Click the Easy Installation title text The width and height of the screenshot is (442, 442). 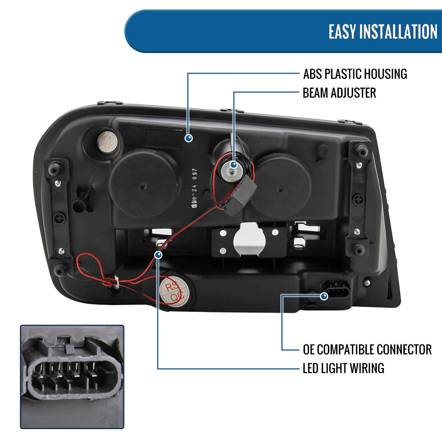[x=383, y=32]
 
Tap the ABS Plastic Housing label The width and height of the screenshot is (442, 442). [x=355, y=74]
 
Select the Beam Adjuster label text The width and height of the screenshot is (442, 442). [x=339, y=93]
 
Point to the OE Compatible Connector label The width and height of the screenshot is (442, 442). [x=367, y=350]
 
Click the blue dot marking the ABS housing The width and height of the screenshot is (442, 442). [x=189, y=138]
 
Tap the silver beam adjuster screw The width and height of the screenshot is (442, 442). [x=232, y=170]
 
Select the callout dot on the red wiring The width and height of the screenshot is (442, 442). [x=158, y=255]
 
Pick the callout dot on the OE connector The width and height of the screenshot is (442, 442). [x=324, y=296]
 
